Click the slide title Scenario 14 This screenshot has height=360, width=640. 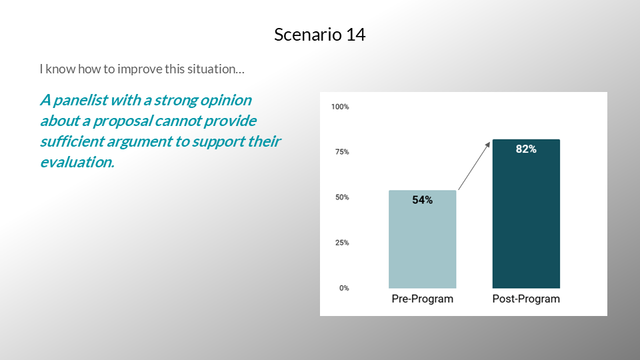tap(319, 34)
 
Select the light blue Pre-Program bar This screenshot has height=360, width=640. tap(423, 239)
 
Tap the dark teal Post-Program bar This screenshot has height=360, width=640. tap(526, 214)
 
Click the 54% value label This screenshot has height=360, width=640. tap(423, 200)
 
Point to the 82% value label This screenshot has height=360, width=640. tap(526, 149)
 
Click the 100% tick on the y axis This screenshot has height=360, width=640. tap(340, 107)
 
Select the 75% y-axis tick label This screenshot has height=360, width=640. tap(342, 152)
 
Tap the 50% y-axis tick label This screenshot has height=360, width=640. tap(342, 197)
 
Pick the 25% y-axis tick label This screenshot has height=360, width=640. tap(342, 243)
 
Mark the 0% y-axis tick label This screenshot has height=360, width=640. tap(344, 288)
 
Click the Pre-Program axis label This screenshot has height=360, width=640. tap(423, 299)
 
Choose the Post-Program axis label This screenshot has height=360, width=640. tap(526, 299)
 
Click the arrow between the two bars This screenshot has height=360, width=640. tap(474, 166)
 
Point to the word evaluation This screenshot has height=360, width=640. tap(77, 162)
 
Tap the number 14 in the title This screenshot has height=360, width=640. tap(356, 34)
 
